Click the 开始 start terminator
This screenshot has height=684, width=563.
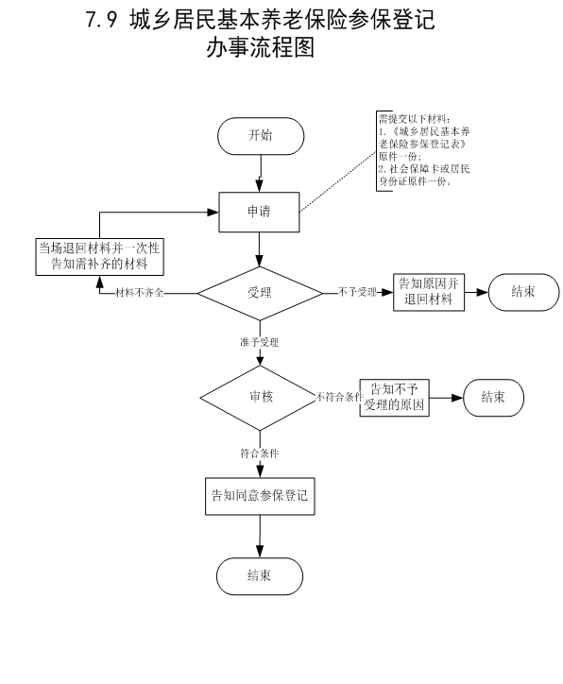pyautogui.click(x=261, y=136)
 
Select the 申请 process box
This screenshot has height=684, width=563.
pyautogui.click(x=259, y=212)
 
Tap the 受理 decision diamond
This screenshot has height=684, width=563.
pyautogui.click(x=260, y=293)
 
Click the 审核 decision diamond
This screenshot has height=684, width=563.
pyautogui.click(x=261, y=398)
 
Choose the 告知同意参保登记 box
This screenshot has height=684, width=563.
pyautogui.click(x=260, y=496)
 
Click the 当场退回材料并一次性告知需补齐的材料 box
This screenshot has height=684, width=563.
pyautogui.click(x=99, y=257)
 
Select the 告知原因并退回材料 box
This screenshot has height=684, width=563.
pyautogui.click(x=429, y=292)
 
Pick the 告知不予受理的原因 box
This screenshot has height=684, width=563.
pyautogui.click(x=394, y=398)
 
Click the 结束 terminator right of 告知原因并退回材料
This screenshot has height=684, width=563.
pyautogui.click(x=523, y=292)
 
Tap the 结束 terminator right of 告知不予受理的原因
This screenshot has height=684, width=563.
pyautogui.click(x=493, y=398)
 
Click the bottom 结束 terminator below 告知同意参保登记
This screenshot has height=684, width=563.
pyautogui.click(x=260, y=575)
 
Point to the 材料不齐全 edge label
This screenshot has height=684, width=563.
pyautogui.click(x=139, y=293)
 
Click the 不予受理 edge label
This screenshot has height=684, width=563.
pyautogui.click(x=357, y=292)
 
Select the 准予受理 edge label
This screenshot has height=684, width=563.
pyautogui.click(x=260, y=342)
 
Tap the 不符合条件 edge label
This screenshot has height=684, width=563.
pyautogui.click(x=340, y=397)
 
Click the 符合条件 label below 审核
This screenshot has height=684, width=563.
pyautogui.click(x=260, y=453)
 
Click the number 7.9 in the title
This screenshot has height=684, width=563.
pyautogui.click(x=102, y=20)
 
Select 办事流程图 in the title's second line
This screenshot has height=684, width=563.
pyautogui.click(x=261, y=47)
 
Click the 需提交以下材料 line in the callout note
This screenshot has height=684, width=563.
pyautogui.click(x=414, y=119)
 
